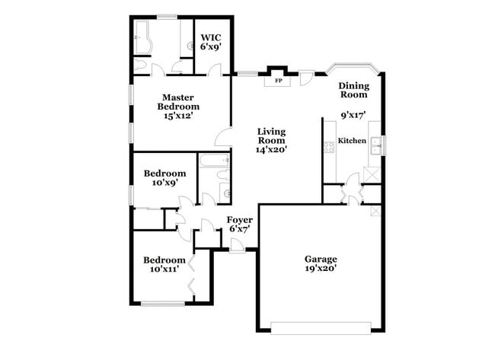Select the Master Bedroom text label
tap(177, 102)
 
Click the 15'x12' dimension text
tap(177, 116)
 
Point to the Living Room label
tap(270, 135)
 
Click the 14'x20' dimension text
tap(270, 150)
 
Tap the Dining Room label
tap(353, 90)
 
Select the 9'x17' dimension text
tap(353, 115)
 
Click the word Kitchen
tap(352, 141)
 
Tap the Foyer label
tap(239, 219)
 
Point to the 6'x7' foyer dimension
tap(239, 229)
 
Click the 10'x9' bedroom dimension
tap(164, 183)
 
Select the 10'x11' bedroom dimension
tap(164, 269)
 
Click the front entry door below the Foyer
tap(237, 247)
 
